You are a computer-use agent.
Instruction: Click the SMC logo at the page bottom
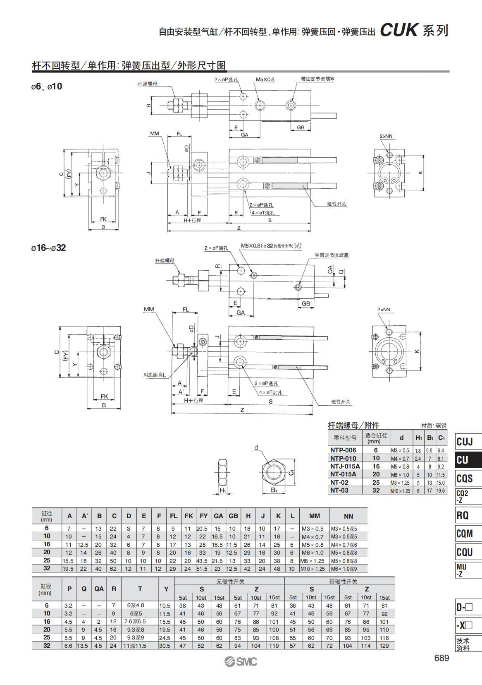[x=241, y=662]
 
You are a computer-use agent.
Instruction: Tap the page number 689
[x=441, y=658]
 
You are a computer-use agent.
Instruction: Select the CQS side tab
[x=464, y=478]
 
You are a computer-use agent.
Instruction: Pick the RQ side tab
[x=462, y=516]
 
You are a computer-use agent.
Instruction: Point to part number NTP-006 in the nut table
[x=343, y=450]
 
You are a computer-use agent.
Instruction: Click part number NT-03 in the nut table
[x=339, y=490]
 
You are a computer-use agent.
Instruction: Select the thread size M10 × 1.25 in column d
[x=400, y=491]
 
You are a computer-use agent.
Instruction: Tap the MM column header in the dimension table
[x=314, y=516]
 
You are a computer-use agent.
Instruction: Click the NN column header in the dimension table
[x=348, y=516]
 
